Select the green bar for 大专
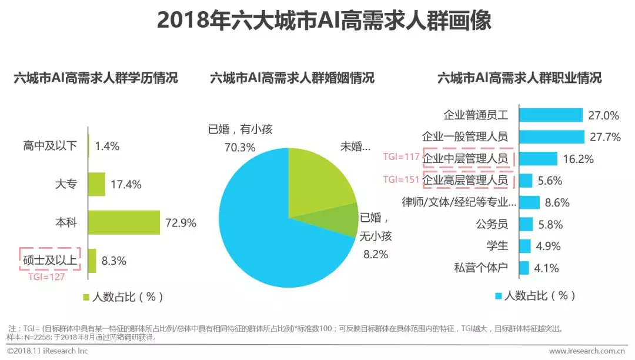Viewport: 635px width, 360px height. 97,184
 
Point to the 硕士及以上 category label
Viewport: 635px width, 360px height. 50,261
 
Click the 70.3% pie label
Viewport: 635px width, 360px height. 240,147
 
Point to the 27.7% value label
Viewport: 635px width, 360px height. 604,137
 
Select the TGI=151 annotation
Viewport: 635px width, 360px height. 402,179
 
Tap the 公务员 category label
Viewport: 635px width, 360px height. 492,224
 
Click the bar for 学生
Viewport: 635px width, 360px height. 525,246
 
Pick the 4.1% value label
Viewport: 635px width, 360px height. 546,268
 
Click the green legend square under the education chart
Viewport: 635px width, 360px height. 86,296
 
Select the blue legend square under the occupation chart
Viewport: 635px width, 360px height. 499,295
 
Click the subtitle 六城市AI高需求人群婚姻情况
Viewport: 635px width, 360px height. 292,78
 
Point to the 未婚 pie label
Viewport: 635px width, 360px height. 356,146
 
